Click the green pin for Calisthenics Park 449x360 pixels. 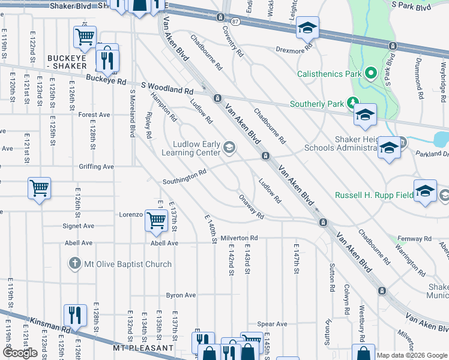(371, 74)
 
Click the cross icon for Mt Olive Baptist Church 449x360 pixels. (74, 263)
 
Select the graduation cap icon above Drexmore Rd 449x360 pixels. (307, 28)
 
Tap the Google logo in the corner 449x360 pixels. (20, 353)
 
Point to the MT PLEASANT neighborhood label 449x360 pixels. (142, 348)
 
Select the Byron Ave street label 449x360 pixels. (181, 295)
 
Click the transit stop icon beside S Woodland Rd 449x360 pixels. (217, 98)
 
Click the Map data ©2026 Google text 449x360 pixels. (412, 355)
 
